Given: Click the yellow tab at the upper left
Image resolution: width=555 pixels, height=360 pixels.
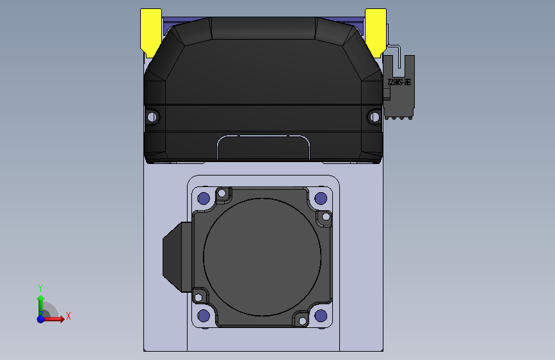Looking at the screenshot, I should (150, 29).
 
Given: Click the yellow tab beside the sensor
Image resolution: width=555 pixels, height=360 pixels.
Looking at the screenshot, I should (375, 29).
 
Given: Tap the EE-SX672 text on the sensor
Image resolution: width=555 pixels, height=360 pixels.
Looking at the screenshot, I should (398, 83).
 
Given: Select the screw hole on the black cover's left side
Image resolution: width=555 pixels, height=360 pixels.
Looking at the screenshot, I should (152, 117).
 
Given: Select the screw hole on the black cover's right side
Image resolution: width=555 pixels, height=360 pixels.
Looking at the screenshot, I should (374, 117).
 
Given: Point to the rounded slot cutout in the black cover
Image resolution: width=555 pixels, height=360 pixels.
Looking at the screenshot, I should (264, 147).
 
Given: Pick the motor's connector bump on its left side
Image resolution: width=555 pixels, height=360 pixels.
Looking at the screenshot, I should (173, 255).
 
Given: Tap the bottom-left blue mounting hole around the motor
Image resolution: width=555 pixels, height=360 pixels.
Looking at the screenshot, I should (204, 315).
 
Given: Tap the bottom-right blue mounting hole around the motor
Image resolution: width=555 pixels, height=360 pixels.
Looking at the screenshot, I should (321, 315).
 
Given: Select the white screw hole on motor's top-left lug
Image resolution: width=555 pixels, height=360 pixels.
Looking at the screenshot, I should (222, 193).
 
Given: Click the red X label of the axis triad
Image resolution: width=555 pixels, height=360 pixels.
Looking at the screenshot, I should (68, 316).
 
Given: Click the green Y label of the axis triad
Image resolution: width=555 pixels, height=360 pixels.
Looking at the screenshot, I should (40, 288).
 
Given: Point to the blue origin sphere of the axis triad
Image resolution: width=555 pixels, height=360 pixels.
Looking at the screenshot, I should (40, 318).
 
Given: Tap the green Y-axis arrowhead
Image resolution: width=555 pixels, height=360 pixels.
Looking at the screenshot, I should (40, 298).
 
